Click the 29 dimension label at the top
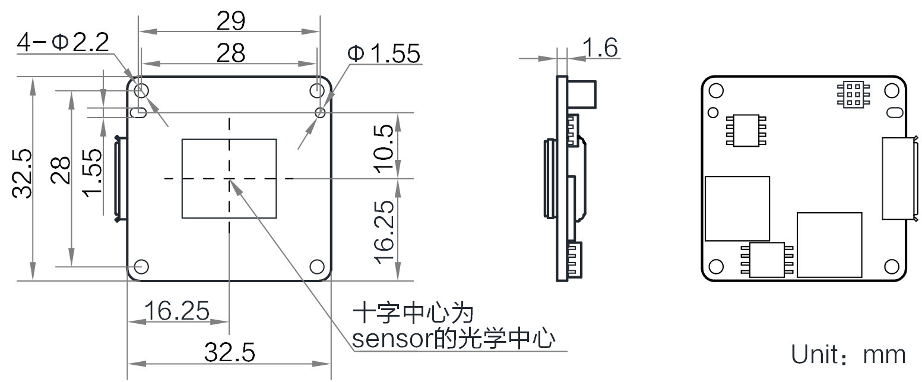pos(231,21)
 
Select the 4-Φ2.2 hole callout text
pos(62,42)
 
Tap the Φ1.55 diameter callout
pos(384,54)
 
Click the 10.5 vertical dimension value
pos(385,148)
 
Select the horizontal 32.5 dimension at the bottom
pos(230,353)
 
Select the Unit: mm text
pos(848,355)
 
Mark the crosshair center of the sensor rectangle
pos(229,178)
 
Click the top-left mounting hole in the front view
pos(141,90)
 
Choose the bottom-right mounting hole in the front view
pos(317,266)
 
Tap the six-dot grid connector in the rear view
pos(852,94)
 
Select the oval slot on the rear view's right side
pos(892,112)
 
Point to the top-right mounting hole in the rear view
pos(892,90)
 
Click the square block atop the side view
pos(582,94)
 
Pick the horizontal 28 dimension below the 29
pos(231,53)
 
